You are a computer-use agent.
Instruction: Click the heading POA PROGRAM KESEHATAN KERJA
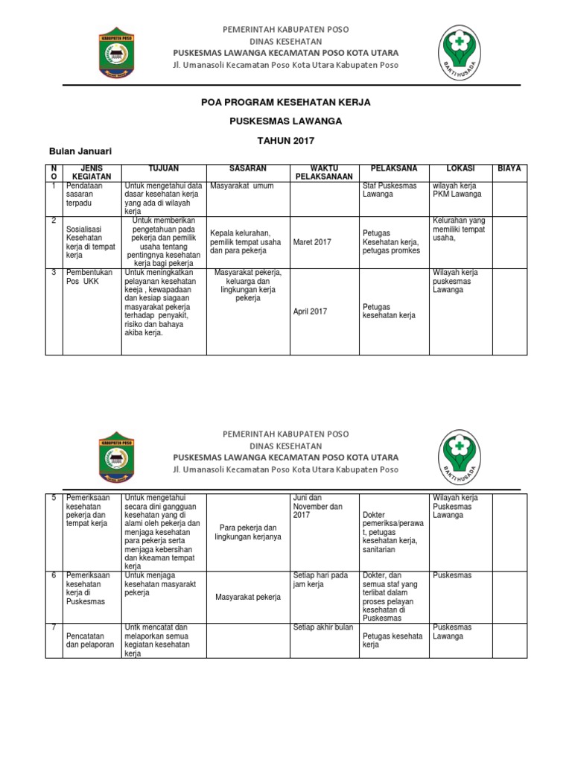click(286, 102)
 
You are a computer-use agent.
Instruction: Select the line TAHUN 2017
click(286, 140)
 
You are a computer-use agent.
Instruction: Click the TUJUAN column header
click(163, 169)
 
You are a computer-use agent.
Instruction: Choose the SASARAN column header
click(248, 169)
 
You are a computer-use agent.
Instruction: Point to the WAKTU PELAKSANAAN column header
click(323, 173)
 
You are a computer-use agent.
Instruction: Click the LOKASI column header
click(460, 169)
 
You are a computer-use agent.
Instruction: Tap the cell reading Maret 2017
click(312, 242)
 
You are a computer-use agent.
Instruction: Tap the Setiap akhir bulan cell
click(323, 627)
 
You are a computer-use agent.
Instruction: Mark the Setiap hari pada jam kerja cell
click(321, 580)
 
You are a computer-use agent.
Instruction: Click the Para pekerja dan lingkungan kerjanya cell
click(248, 532)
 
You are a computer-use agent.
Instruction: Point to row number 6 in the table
click(54, 575)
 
